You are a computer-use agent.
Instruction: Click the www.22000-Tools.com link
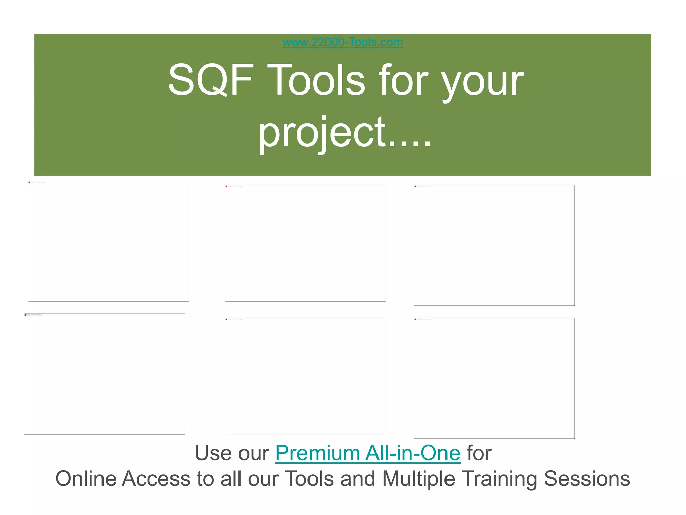point(343,43)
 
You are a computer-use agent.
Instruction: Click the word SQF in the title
point(210,80)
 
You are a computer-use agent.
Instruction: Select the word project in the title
point(322,132)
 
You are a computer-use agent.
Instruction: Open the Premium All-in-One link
point(367,453)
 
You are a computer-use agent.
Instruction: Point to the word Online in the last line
point(86,479)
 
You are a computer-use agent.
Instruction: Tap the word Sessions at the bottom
point(587,479)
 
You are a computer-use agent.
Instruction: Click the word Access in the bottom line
point(156,479)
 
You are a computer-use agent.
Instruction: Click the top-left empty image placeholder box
point(108,241)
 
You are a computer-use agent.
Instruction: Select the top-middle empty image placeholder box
point(305,243)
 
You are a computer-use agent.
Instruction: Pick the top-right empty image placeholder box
point(494,245)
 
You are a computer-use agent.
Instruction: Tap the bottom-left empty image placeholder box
point(104,374)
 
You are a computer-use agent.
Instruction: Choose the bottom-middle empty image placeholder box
point(305,376)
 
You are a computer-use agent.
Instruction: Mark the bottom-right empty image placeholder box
point(494,378)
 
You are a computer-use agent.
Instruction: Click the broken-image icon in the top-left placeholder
point(29,182)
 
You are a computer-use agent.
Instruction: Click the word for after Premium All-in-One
point(479,453)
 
